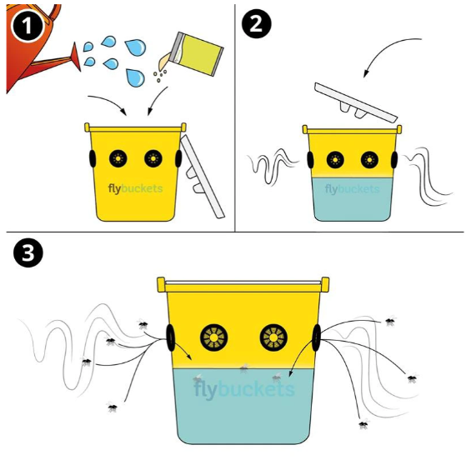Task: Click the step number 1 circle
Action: pyautogui.click(x=27, y=27)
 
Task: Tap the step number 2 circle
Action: pyautogui.click(x=257, y=23)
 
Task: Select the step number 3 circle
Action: pyautogui.click(x=28, y=252)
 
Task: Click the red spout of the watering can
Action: pyautogui.click(x=76, y=57)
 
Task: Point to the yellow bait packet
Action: pyautogui.click(x=199, y=53)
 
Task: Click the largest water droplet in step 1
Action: pyautogui.click(x=136, y=47)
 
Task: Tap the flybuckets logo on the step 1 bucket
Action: pyautogui.click(x=136, y=189)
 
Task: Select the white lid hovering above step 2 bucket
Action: pyautogui.click(x=356, y=102)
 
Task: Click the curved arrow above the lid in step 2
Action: pyautogui.click(x=384, y=49)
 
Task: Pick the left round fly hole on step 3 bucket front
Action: pyautogui.click(x=214, y=337)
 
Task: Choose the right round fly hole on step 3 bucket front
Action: pyautogui.click(x=273, y=337)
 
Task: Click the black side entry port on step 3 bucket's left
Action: pyautogui.click(x=170, y=337)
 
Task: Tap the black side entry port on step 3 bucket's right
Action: pyautogui.click(x=316, y=337)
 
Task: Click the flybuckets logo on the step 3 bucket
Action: pyautogui.click(x=244, y=389)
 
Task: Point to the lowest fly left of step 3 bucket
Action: pyautogui.click(x=113, y=407)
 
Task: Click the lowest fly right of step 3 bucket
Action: pyautogui.click(x=363, y=424)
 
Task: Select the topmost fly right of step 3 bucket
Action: pyautogui.click(x=390, y=321)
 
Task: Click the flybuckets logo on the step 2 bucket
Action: pyautogui.click(x=352, y=189)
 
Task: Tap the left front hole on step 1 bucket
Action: pyautogui.click(x=118, y=158)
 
